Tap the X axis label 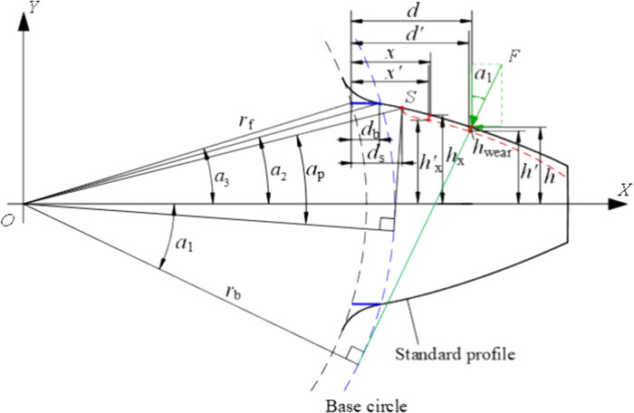pyautogui.click(x=622, y=190)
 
